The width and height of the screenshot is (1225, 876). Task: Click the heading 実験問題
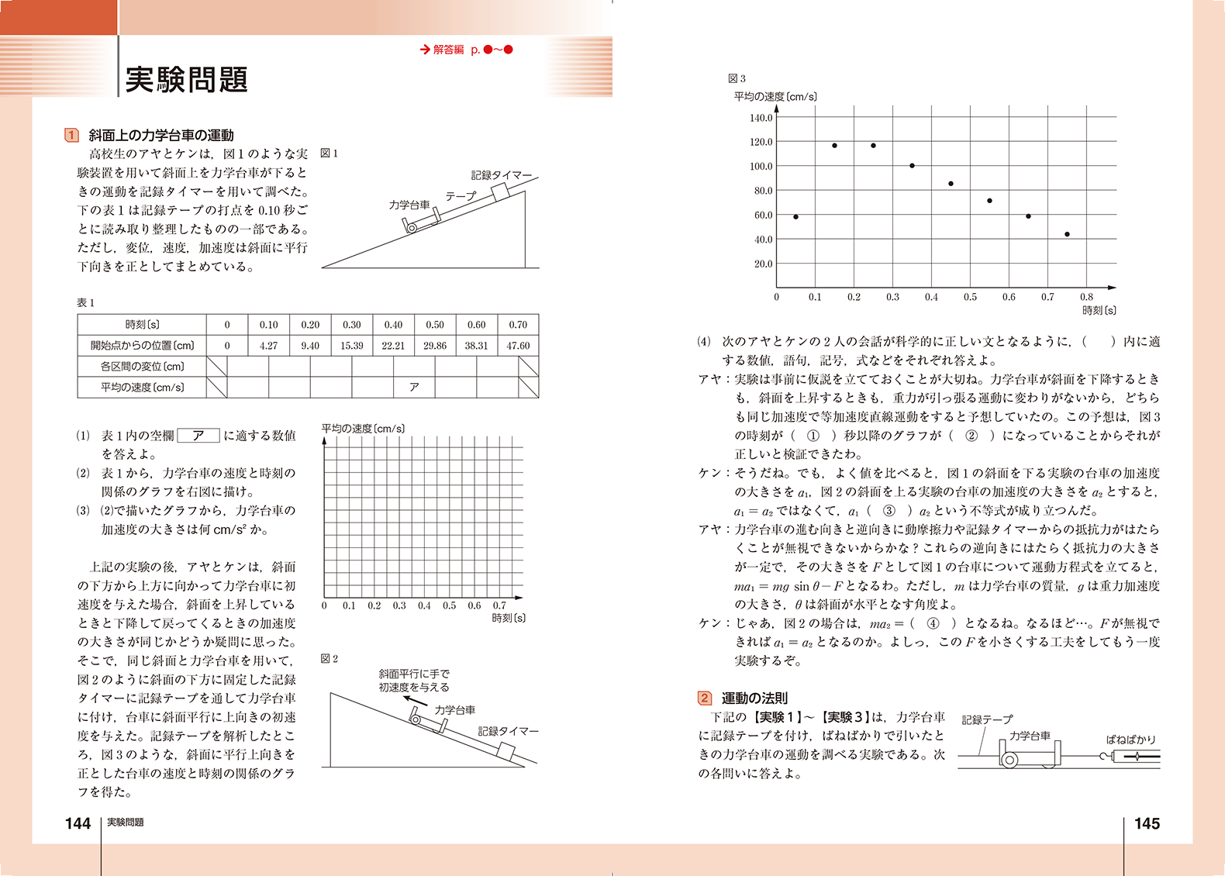pos(186,80)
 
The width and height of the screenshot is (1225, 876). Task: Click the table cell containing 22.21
pos(393,346)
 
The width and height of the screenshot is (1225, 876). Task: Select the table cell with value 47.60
pos(518,346)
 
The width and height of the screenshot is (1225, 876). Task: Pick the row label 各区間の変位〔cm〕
pos(142,367)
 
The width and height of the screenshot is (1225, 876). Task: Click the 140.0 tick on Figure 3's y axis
pos(761,118)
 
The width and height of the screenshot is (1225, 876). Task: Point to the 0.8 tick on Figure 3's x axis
pos(1086,297)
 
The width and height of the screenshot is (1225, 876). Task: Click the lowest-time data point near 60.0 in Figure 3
pos(795,217)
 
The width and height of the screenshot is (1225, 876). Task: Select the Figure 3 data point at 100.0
pos(912,166)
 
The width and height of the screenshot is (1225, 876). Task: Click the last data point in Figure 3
pos(1067,234)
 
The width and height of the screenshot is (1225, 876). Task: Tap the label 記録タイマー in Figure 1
pos(501,175)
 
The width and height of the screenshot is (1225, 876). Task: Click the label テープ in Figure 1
pos(460,196)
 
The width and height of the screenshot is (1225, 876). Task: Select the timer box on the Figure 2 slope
pos(506,750)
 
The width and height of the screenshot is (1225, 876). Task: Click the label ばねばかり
pos(1130,740)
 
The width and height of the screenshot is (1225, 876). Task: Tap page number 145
pos(1147,823)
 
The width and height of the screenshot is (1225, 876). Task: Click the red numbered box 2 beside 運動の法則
pos(704,698)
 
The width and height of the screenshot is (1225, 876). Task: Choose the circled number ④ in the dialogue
pos(933,623)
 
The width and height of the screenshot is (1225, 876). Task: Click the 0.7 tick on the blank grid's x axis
pos(499,605)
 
